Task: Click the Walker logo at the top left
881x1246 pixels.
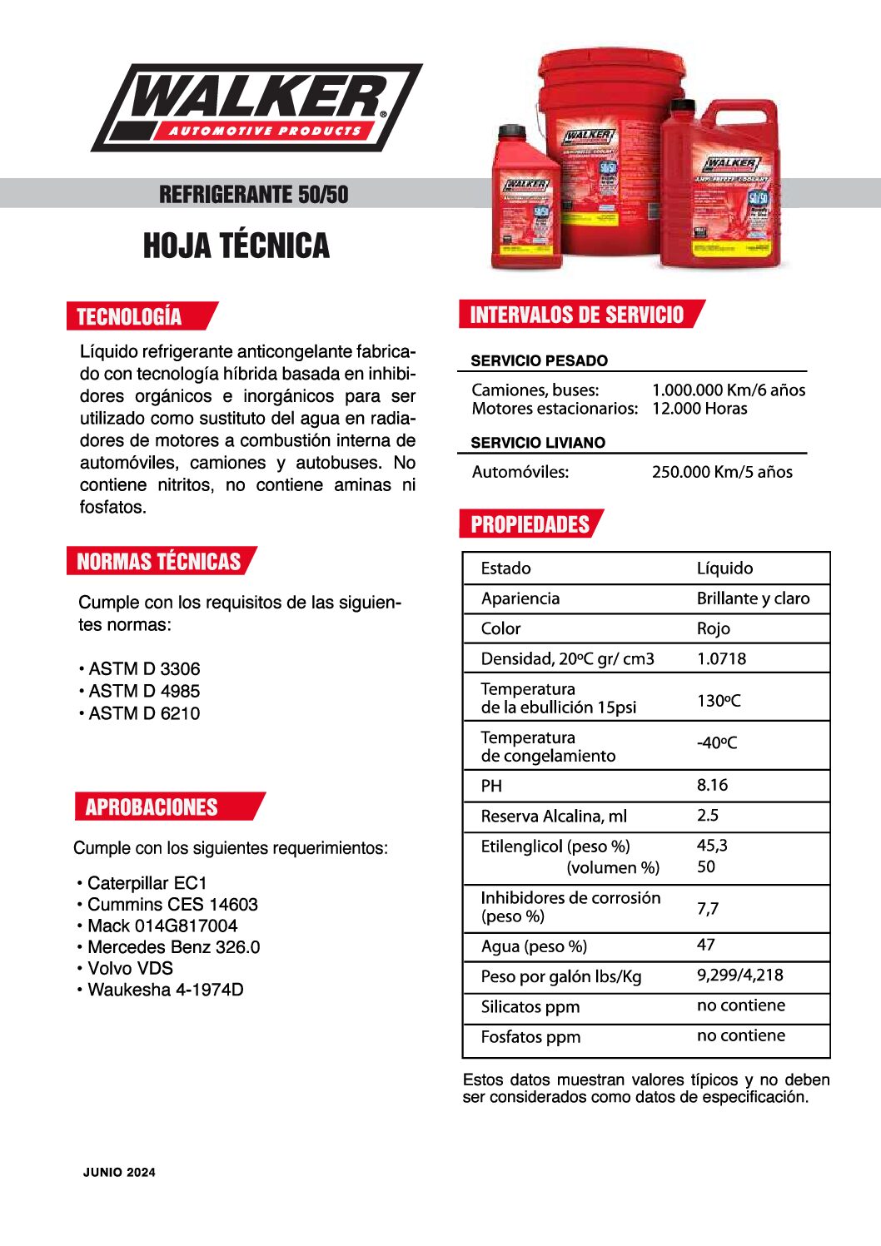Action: click(256, 107)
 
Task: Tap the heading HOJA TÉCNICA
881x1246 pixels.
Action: click(236, 246)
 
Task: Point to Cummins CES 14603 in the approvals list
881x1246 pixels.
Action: click(172, 905)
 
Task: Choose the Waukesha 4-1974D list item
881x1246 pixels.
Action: click(165, 990)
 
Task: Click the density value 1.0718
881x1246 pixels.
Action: click(721, 658)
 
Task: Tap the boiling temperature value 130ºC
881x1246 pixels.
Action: click(718, 701)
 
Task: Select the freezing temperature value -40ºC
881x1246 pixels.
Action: click(716, 742)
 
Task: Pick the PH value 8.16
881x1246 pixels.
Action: click(712, 785)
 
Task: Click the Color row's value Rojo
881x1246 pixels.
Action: click(713, 628)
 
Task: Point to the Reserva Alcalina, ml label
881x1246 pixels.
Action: click(554, 816)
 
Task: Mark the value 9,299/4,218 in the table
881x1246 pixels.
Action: click(739, 975)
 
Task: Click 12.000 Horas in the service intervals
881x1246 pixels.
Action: click(699, 409)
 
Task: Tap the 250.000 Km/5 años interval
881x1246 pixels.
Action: click(722, 472)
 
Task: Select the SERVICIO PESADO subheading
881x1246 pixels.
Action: click(539, 360)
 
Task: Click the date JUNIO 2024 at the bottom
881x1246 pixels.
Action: click(119, 1172)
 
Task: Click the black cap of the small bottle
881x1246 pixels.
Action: click(516, 131)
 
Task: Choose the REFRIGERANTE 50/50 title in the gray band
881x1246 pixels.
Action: click(253, 195)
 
